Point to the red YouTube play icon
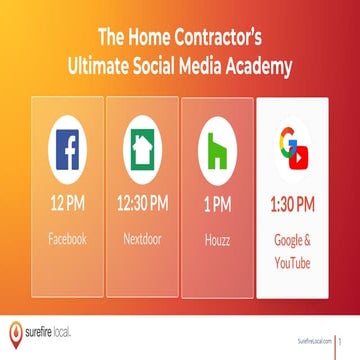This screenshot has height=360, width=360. (301, 157)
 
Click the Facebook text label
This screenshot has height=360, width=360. (66, 240)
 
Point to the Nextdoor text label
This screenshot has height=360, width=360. (141, 240)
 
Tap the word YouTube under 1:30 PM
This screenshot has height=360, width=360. (293, 262)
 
